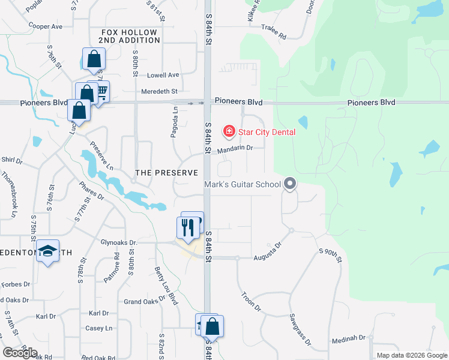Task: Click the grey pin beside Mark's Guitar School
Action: tap(290, 184)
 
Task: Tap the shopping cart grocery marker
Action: tap(101, 91)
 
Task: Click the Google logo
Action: tap(20, 352)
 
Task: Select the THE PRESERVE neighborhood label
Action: tap(166, 173)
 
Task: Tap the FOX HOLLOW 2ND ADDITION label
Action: tap(129, 36)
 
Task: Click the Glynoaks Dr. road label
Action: tap(120, 242)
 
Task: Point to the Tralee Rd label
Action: tap(274, 33)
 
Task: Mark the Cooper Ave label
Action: tap(46, 26)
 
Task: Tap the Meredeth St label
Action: tap(159, 91)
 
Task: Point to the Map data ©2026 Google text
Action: tap(411, 355)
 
